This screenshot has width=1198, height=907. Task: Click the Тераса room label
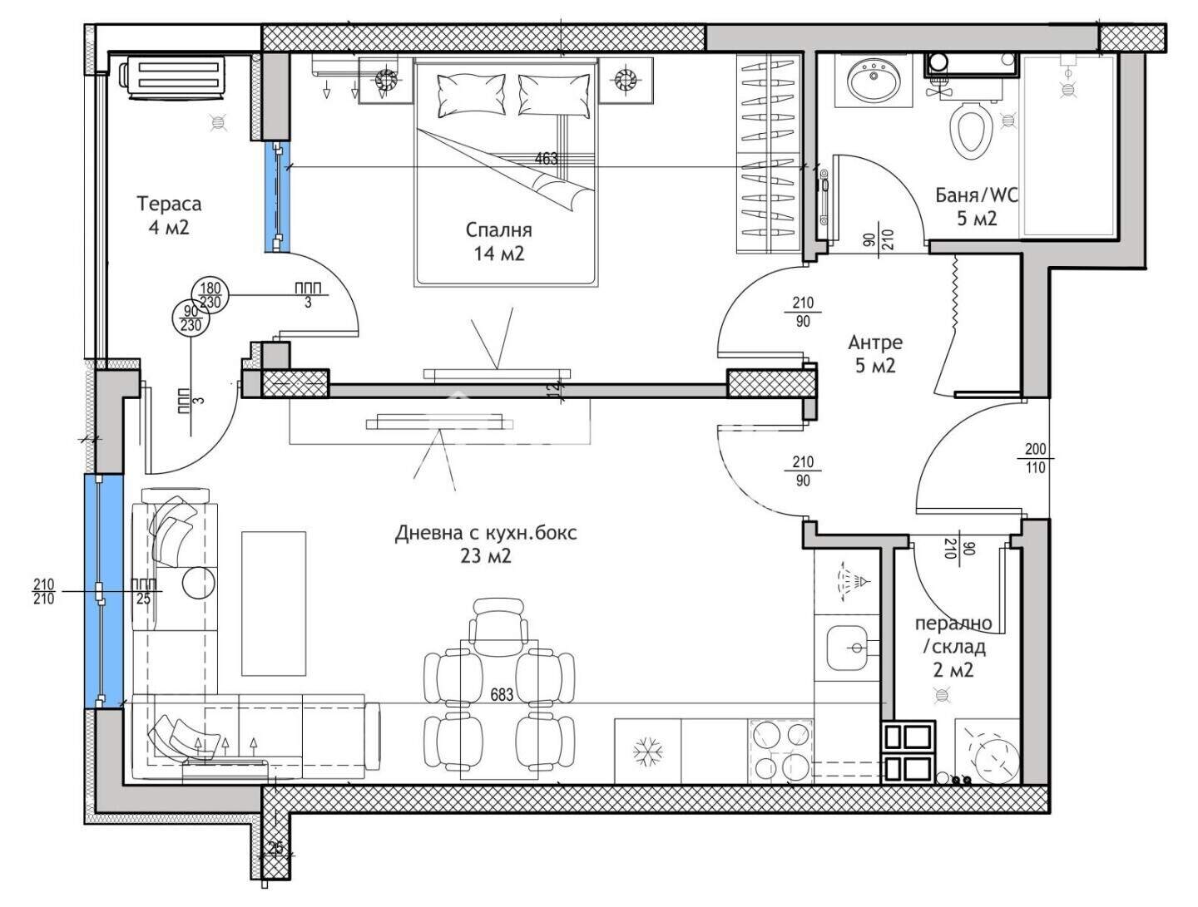pyautogui.click(x=169, y=215)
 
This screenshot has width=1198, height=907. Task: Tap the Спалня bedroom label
pyautogui.click(x=499, y=242)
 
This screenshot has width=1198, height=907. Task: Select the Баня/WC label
pyautogui.click(x=977, y=206)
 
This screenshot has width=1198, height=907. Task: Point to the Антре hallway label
pyautogui.click(x=875, y=354)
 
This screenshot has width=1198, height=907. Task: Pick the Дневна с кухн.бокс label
pyautogui.click(x=486, y=544)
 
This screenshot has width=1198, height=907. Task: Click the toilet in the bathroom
pyautogui.click(x=969, y=129)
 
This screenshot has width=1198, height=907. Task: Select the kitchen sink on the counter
pyautogui.click(x=847, y=648)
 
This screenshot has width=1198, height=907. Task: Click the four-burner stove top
pyautogui.click(x=781, y=751)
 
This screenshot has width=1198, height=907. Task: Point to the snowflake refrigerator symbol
pyautogui.click(x=648, y=754)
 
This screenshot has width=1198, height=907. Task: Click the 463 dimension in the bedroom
pyautogui.click(x=547, y=159)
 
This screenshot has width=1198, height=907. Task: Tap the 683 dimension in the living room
pyautogui.click(x=502, y=695)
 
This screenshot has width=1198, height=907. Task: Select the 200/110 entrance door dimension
pyautogui.click(x=1036, y=457)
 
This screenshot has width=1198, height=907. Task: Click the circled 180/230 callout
pyautogui.click(x=210, y=295)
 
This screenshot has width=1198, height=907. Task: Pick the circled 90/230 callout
pyautogui.click(x=191, y=318)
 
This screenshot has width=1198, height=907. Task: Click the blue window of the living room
pyautogui.click(x=103, y=591)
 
